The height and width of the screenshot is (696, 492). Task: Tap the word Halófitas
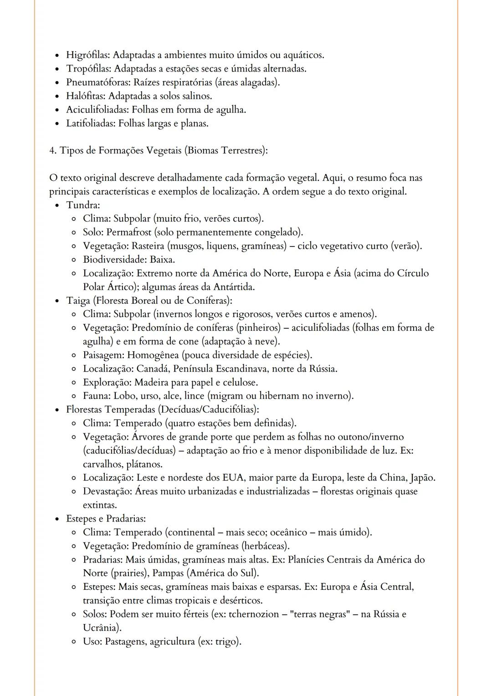point(86,96)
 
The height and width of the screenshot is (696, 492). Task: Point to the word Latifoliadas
point(90,123)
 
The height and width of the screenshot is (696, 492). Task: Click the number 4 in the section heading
point(52,150)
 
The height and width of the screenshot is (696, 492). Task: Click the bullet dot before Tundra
point(57,205)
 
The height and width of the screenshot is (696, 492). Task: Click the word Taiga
point(78,301)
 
